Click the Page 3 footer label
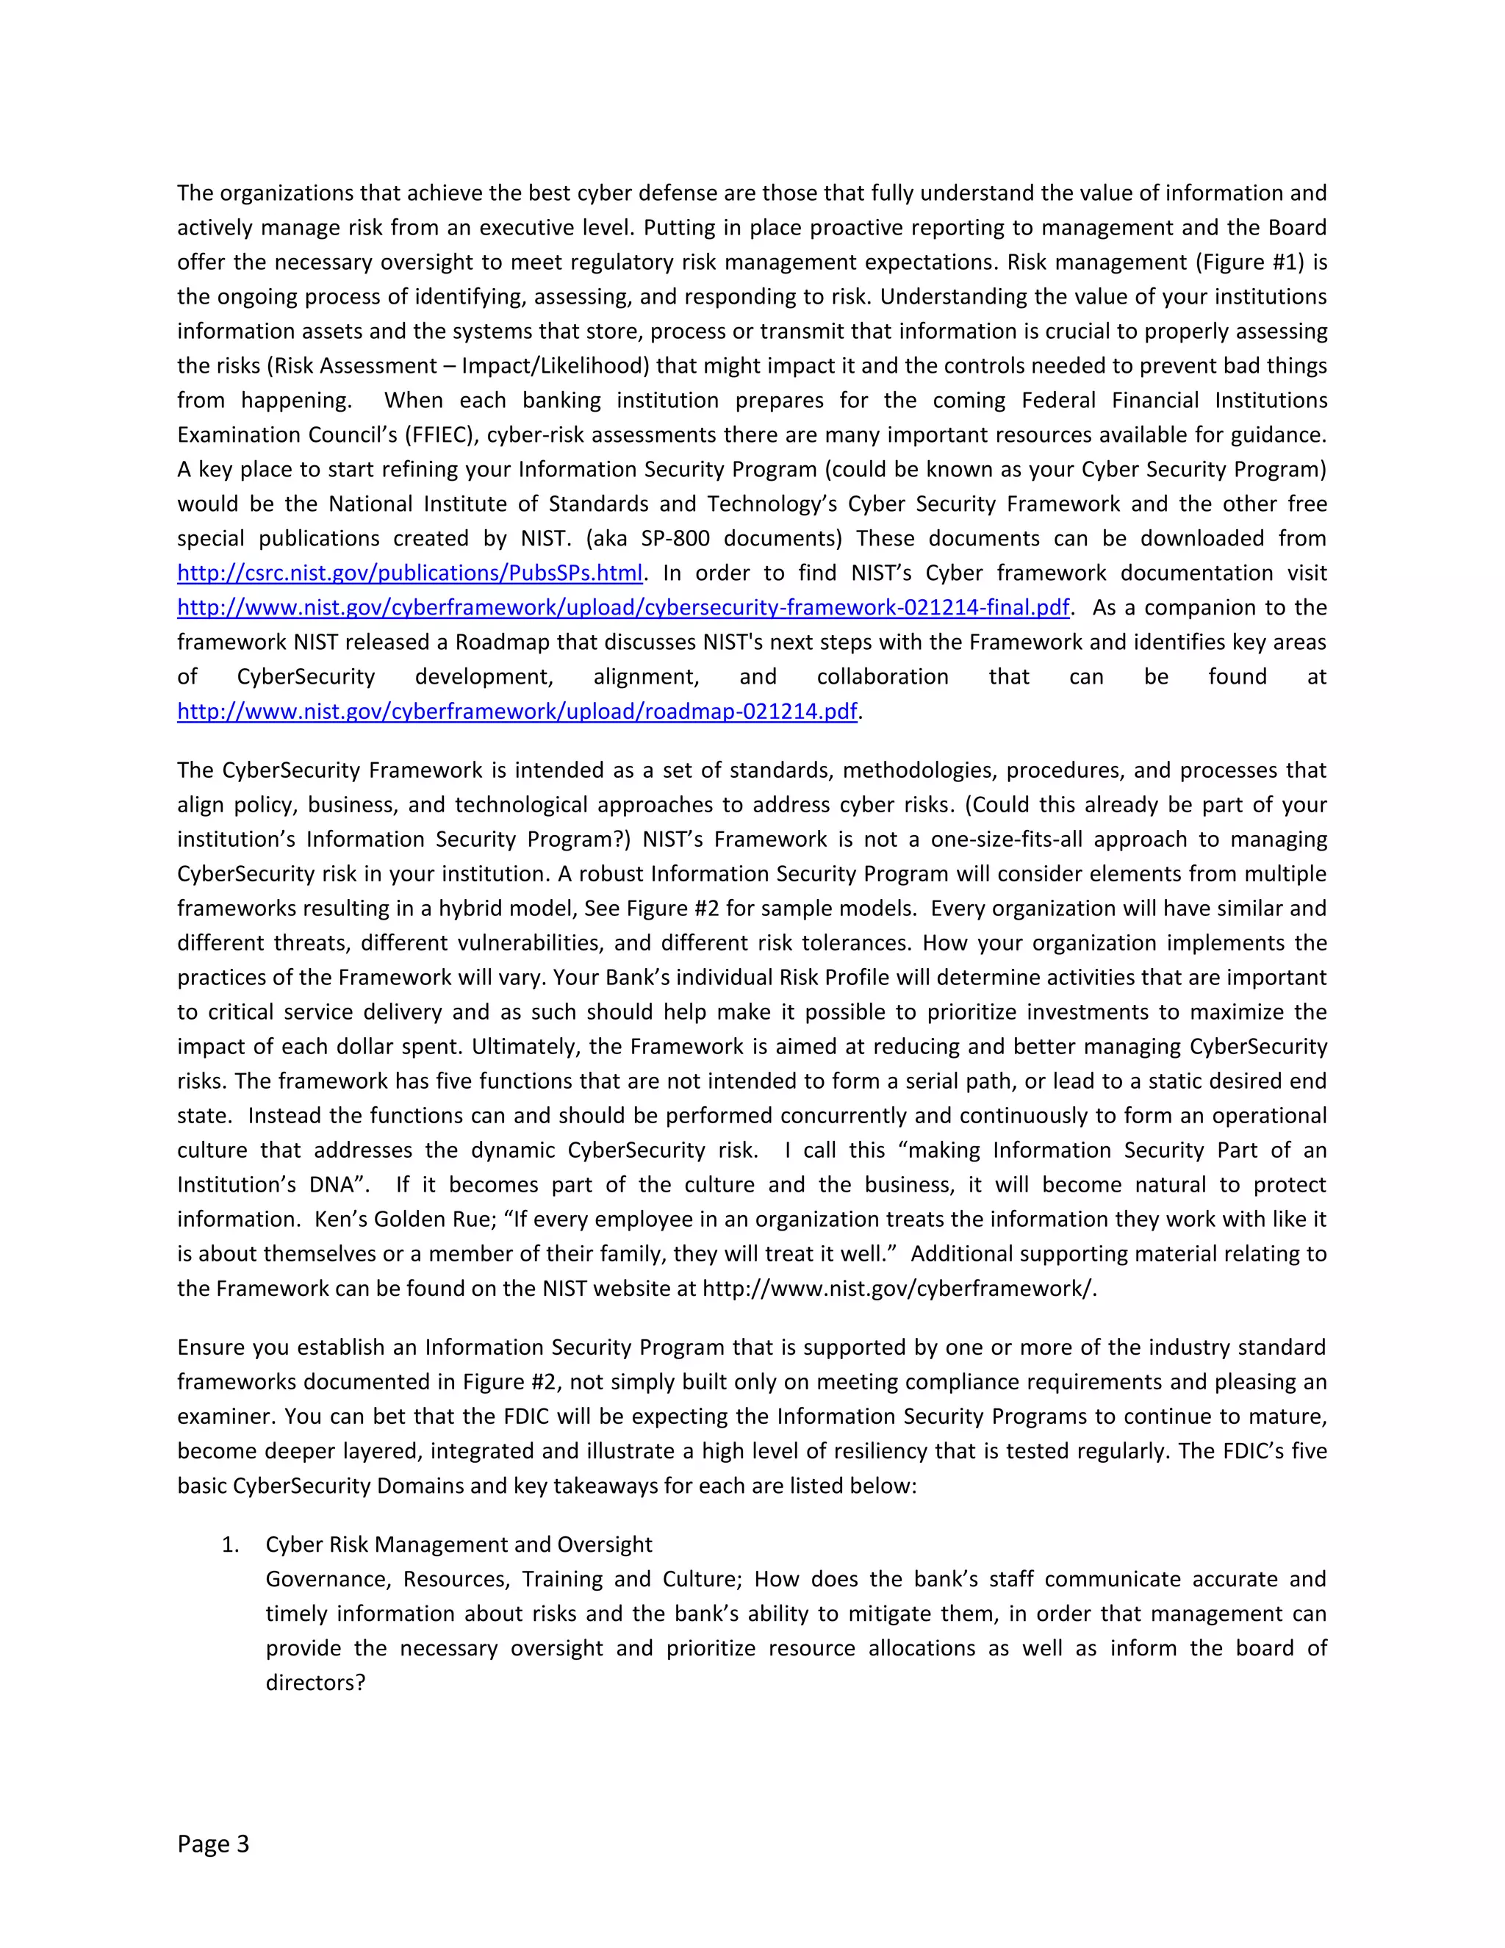coord(213,1844)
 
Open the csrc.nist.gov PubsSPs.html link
coord(409,573)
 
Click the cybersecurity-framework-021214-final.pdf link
coord(622,607)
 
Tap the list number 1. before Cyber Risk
coord(230,1544)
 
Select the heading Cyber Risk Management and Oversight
coord(459,1544)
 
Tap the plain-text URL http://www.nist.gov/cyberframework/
coord(899,1288)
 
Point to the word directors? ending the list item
coord(315,1682)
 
